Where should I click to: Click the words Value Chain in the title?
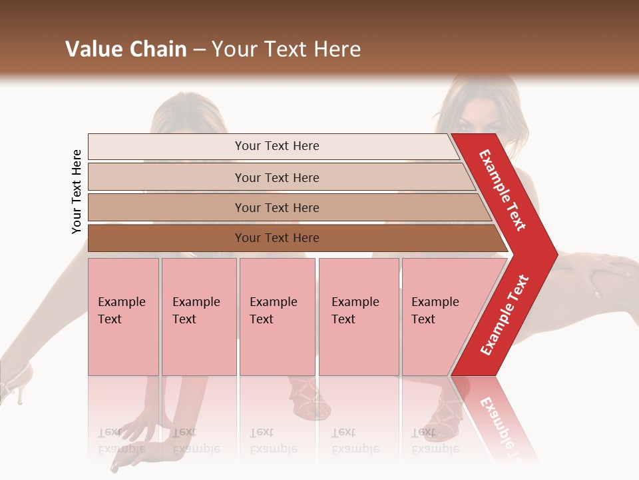126,49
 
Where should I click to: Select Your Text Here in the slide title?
286,49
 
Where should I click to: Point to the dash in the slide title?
199,49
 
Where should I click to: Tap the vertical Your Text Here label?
77,191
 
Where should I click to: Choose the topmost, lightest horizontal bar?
273,147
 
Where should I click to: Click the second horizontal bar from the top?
280,177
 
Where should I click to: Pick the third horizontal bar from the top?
286,207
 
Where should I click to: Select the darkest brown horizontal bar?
293,238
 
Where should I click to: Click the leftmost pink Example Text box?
123,317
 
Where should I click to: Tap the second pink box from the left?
199,317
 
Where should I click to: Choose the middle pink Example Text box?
277,317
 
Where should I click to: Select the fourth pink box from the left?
359,317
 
